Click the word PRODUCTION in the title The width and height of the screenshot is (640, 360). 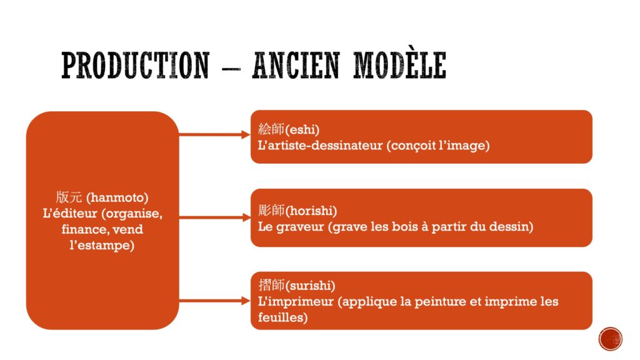(135, 65)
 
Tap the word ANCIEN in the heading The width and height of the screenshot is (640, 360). (296, 65)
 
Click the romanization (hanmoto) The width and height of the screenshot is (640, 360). (117, 197)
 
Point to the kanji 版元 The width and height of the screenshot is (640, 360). (69, 197)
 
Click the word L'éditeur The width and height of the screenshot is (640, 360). (70, 213)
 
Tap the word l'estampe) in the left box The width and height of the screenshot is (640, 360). (102, 245)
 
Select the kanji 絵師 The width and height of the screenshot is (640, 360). (271, 129)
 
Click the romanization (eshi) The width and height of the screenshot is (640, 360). (302, 129)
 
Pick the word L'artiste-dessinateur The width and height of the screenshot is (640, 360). (321, 145)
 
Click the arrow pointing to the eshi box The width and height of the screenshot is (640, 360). (214, 134)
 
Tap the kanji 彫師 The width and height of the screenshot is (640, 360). (271, 210)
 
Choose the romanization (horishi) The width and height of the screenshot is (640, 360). (311, 211)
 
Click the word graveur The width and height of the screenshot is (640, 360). (300, 227)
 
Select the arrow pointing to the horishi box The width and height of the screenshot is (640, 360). (214, 217)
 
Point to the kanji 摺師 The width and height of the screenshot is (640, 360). (271, 285)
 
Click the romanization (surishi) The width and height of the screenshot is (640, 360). (310, 285)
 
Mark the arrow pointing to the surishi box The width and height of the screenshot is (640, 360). (214, 301)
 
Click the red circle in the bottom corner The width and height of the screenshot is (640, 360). (610, 339)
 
